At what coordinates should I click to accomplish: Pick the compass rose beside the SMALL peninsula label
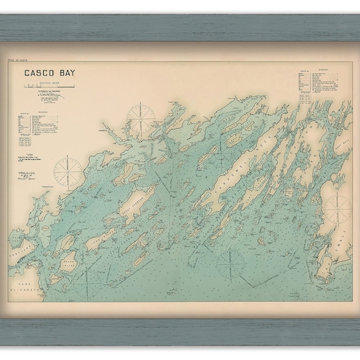coord(336,210)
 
